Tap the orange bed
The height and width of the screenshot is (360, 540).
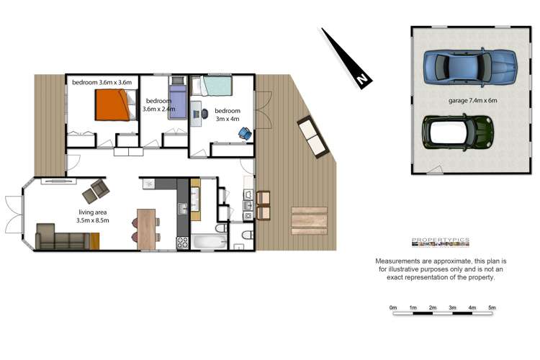(113, 106)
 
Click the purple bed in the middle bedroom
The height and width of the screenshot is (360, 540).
(178, 96)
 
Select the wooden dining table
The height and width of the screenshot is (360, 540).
(147, 227)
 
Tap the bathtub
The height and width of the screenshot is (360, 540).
(210, 241)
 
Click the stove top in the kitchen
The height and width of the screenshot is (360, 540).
(182, 242)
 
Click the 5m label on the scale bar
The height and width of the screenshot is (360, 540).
(492, 308)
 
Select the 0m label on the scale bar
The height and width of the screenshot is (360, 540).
(393, 308)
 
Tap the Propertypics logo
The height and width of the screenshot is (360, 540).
(440, 242)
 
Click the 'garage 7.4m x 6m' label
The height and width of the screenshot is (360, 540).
(473, 101)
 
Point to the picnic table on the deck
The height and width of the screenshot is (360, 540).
(309, 220)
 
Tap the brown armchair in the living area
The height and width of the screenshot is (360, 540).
(96, 192)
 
